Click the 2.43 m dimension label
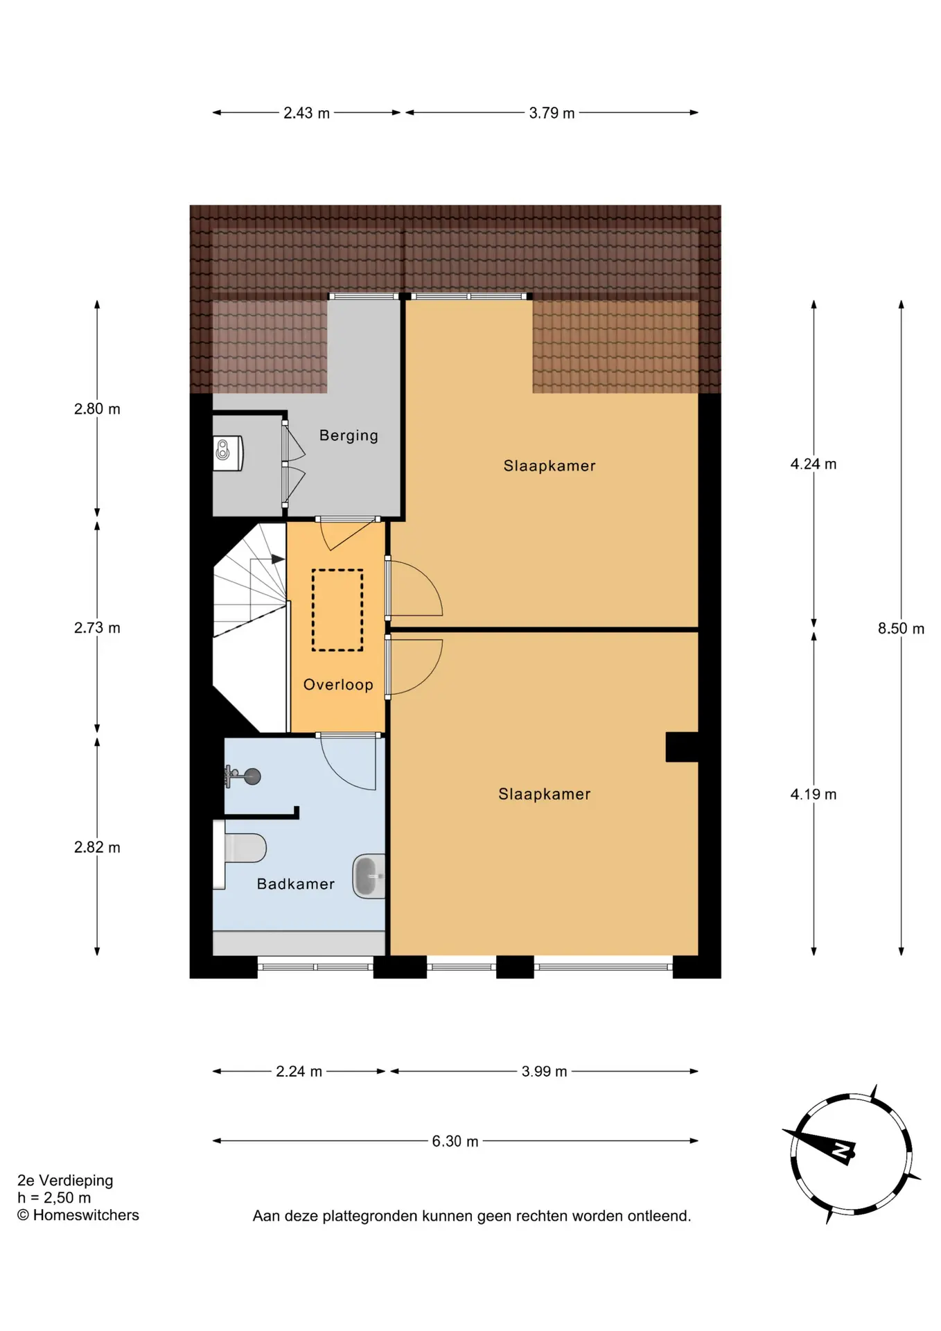pyautogui.click(x=306, y=113)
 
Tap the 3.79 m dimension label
pyautogui.click(x=552, y=113)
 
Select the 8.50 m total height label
pyautogui.click(x=901, y=628)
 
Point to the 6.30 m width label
pyautogui.click(x=455, y=1141)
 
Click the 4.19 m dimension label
pyautogui.click(x=814, y=794)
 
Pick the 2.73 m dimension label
pyautogui.click(x=97, y=628)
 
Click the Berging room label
pyautogui.click(x=349, y=436)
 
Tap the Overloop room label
pyautogui.click(x=338, y=685)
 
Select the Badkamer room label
pyautogui.click(x=296, y=884)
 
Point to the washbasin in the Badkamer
pyautogui.click(x=369, y=876)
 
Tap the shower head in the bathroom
pyautogui.click(x=243, y=776)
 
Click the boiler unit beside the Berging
pyautogui.click(x=228, y=453)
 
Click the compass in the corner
pyautogui.click(x=851, y=1153)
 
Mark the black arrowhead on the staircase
pyautogui.click(x=278, y=559)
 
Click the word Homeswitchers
pyautogui.click(x=86, y=1215)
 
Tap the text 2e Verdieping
pyautogui.click(x=65, y=1181)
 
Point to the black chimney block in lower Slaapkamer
pyautogui.click(x=682, y=747)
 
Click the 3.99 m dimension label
pyautogui.click(x=544, y=1072)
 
